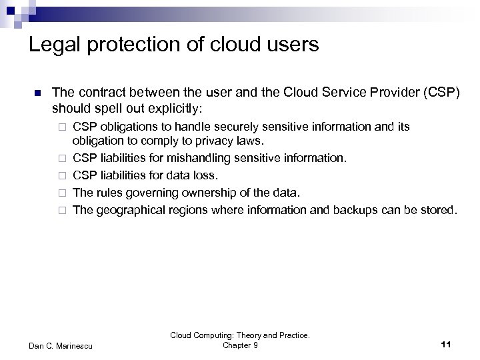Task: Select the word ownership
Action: coord(198,193)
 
